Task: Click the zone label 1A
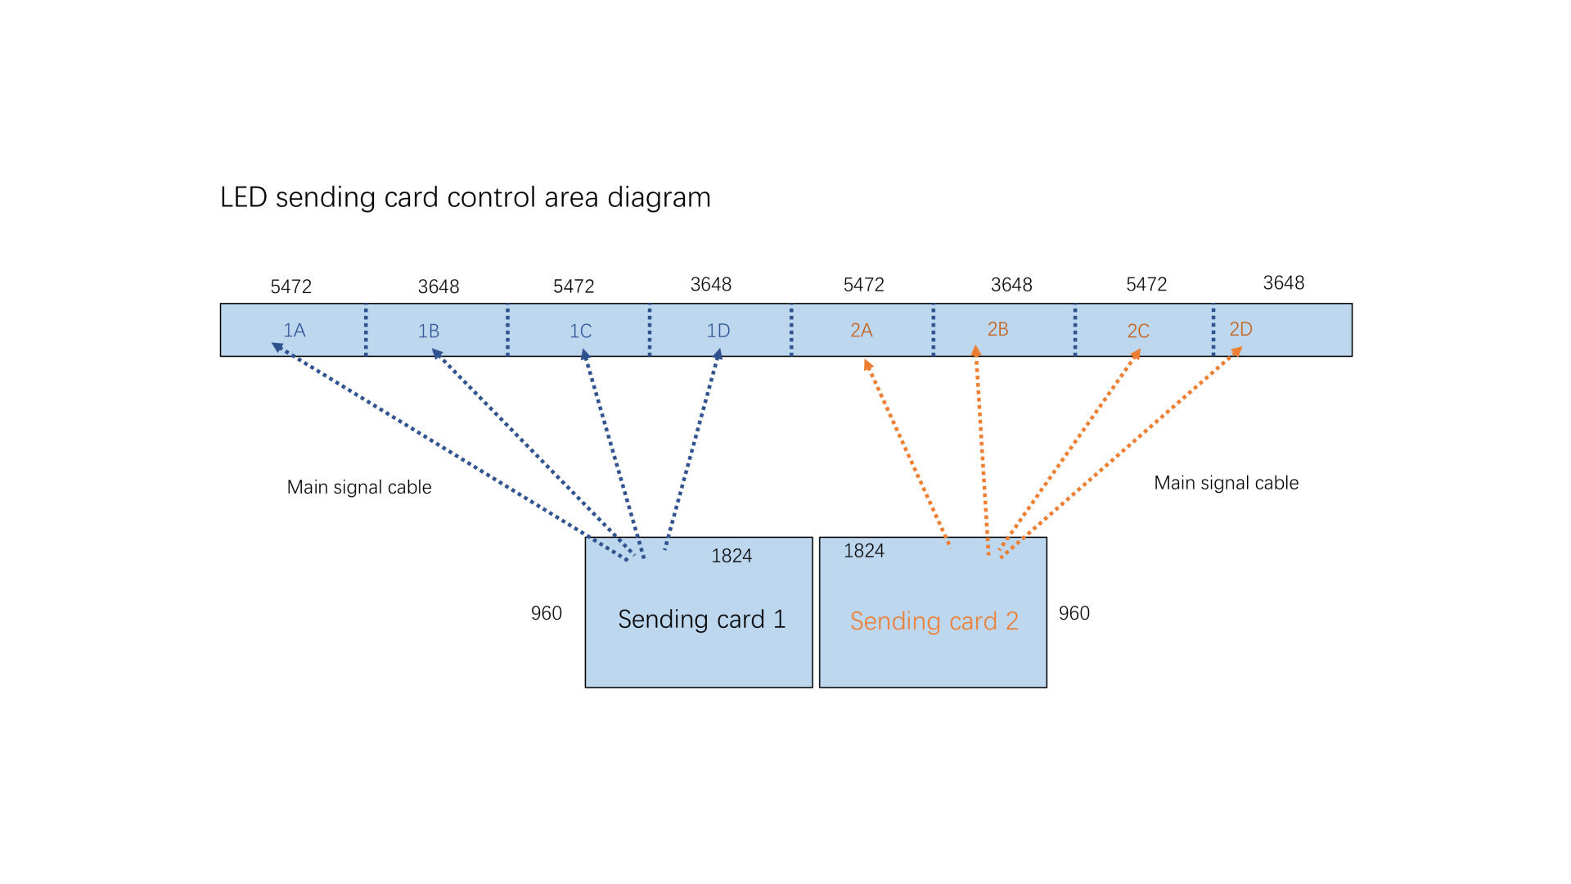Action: (294, 331)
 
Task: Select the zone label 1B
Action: (429, 331)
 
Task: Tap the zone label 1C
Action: (580, 331)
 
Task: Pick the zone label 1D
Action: (718, 331)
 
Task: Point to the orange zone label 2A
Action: (862, 331)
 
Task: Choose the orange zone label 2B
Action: (997, 329)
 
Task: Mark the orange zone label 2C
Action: (1138, 331)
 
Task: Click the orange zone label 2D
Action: (1240, 329)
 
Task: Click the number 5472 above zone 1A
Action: (291, 286)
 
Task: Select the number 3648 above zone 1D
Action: (711, 284)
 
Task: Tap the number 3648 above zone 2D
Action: (1284, 282)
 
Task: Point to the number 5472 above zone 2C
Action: (1146, 284)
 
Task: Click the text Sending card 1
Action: (701, 620)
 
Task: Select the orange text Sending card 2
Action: (934, 621)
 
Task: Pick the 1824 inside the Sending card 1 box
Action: (731, 556)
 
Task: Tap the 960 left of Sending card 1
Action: (547, 613)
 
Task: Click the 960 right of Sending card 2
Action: (1074, 613)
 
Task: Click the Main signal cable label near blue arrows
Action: (359, 487)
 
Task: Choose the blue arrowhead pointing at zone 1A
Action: (277, 347)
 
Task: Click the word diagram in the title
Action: (659, 198)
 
